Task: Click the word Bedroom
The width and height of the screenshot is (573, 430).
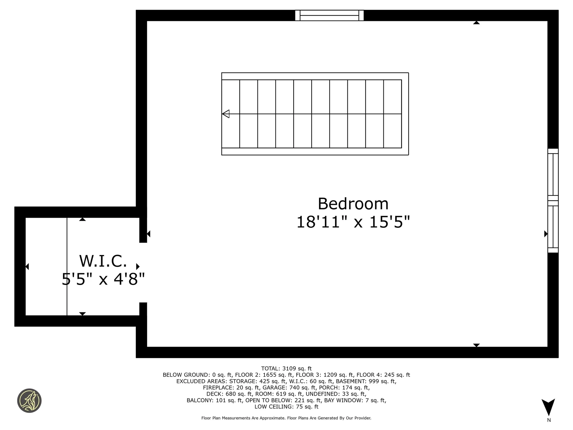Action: point(353,204)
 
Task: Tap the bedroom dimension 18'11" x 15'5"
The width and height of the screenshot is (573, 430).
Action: point(353,222)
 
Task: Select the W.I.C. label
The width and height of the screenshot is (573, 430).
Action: point(103,261)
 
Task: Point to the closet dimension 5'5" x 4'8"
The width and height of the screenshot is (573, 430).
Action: point(103,279)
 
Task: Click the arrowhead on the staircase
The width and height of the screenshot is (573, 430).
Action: point(226,114)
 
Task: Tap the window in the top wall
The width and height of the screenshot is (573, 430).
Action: point(329,16)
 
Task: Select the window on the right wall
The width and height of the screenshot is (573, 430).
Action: point(553,201)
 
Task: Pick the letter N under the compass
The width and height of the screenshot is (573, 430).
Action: point(549,420)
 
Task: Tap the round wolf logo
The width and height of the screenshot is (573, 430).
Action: point(29,401)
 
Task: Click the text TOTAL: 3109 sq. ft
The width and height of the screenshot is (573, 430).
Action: point(286,368)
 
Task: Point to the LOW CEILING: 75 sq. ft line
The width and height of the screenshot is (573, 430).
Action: point(286,407)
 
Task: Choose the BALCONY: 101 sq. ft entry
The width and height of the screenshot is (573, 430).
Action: point(214,400)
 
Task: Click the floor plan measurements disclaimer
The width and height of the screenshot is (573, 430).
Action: point(286,418)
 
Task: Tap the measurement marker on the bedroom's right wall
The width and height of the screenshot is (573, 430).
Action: point(546,234)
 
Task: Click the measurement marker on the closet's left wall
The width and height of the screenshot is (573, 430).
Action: point(27,266)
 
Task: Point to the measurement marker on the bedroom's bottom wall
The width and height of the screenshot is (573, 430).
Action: point(476,345)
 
